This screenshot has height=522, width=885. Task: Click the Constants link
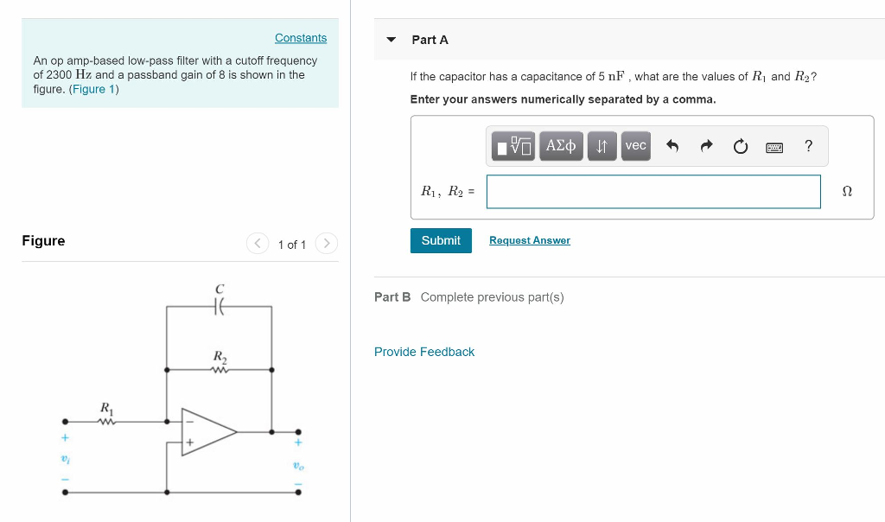[301, 38]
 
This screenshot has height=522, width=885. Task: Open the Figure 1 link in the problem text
[94, 89]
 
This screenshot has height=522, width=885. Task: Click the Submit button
[441, 240]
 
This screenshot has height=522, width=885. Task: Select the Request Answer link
[529, 240]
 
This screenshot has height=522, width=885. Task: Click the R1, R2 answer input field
[653, 192]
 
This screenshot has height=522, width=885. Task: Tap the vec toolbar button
[635, 146]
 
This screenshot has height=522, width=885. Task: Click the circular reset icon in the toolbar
[740, 146]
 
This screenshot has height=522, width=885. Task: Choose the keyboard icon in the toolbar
[774, 146]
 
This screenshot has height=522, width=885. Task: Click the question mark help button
[808, 146]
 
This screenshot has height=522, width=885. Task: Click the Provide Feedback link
[424, 352]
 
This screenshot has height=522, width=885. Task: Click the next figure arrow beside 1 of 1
[326, 244]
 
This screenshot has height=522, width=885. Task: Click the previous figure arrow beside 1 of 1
[258, 244]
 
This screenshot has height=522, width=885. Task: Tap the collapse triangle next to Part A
[392, 40]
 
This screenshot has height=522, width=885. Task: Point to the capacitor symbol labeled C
[220, 306]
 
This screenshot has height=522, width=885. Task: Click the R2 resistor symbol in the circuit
[220, 370]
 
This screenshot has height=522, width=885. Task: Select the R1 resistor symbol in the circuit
[106, 422]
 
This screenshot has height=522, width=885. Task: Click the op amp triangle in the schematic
[207, 430]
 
